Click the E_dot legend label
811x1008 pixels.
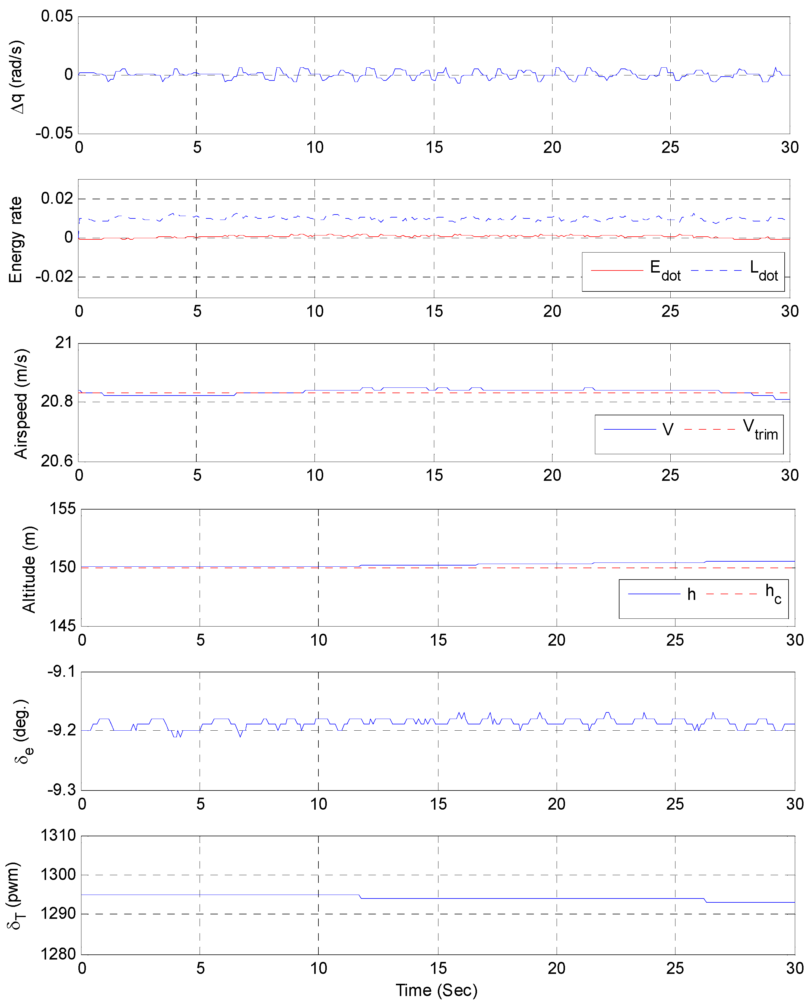tap(665, 271)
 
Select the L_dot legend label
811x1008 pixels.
tap(763, 271)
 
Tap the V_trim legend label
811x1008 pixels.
tap(760, 429)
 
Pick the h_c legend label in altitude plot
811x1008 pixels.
tap(773, 594)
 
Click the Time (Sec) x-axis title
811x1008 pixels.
tap(436, 990)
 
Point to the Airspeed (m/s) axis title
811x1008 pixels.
tap(21, 404)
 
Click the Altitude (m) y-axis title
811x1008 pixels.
tap(29, 569)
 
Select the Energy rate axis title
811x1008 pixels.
tap(16, 239)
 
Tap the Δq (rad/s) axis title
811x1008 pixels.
tap(17, 77)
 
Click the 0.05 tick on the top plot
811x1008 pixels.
tap(57, 16)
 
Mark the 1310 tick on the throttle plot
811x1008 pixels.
tap(58, 835)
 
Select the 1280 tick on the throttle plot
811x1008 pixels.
tap(58, 954)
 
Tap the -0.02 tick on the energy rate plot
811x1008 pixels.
tap(54, 276)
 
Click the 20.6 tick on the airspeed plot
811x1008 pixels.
tap(57, 461)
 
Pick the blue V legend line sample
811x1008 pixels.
tap(630, 429)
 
